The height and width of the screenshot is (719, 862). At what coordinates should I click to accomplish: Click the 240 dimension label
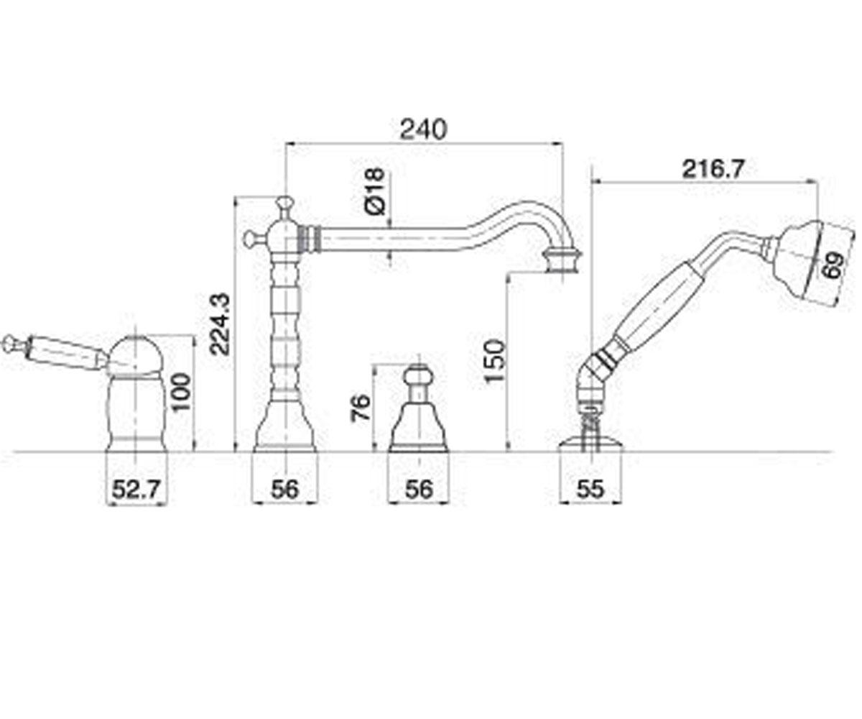(424, 129)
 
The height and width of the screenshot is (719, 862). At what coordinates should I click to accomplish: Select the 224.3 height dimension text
(219, 324)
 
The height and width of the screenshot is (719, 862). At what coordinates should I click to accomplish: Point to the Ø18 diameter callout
(375, 191)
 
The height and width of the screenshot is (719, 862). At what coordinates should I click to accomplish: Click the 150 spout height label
(495, 360)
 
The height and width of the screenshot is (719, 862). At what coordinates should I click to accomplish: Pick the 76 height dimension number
(361, 408)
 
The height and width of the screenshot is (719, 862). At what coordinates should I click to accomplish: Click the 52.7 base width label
(136, 490)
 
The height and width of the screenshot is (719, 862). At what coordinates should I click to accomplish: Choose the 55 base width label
(590, 490)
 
